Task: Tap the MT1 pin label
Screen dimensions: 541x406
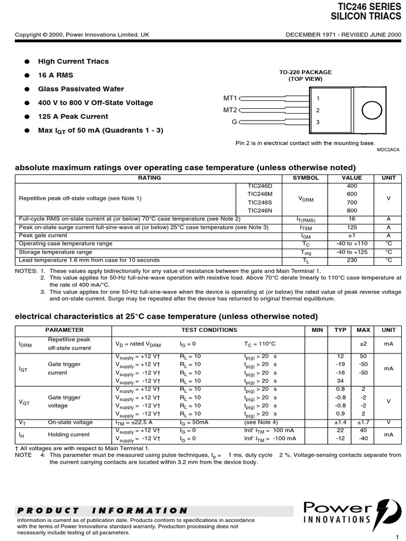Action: [x=230, y=98]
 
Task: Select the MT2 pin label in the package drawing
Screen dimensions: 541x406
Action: [x=230, y=110]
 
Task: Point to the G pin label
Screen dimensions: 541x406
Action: [x=234, y=122]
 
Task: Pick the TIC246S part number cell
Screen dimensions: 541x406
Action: [x=260, y=202]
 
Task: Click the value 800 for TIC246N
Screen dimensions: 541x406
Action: [x=352, y=210]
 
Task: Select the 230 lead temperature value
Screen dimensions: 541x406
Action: [x=352, y=260]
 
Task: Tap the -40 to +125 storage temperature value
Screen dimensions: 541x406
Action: [x=352, y=252]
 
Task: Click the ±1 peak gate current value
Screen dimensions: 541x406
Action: [x=352, y=236]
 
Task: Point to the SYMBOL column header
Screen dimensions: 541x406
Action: [x=306, y=178]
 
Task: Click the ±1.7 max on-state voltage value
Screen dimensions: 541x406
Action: [x=363, y=422]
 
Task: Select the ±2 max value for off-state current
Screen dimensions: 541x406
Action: [x=363, y=343]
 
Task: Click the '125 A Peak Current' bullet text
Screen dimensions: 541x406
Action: [x=73, y=116]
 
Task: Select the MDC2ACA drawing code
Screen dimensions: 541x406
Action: [x=387, y=150]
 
